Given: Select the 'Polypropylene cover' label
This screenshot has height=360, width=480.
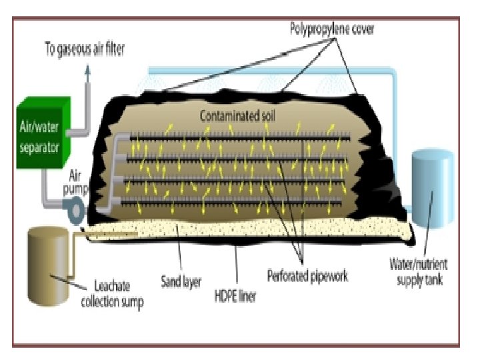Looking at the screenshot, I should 331,29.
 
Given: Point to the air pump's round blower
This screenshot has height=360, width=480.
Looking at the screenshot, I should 75,210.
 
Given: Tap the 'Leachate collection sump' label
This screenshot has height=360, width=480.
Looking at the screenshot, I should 111,295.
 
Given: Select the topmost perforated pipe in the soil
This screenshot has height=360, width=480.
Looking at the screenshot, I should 240,139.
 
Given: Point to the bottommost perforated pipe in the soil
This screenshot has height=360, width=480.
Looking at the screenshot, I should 233,199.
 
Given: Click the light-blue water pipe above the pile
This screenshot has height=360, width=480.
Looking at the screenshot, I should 267,69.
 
